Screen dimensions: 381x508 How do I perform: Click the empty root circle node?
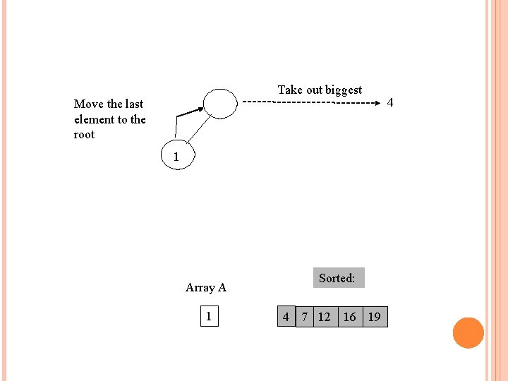[x=220, y=104]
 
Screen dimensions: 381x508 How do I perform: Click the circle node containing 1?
[x=176, y=156]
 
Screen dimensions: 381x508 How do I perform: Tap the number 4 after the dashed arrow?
[x=390, y=103]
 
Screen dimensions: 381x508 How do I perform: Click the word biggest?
[x=344, y=90]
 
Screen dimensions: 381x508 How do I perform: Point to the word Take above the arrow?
[x=290, y=90]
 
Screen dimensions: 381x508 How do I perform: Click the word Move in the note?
[x=89, y=104]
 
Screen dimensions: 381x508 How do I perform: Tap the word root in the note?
[x=84, y=134]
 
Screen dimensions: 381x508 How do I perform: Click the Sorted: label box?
[x=337, y=278]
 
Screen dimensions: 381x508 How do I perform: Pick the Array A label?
[x=206, y=287]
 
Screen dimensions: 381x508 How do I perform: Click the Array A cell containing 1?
[x=208, y=316]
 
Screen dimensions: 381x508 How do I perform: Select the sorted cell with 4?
[x=285, y=317]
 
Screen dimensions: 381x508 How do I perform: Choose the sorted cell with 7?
[x=304, y=317]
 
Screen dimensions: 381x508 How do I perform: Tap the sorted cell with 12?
[x=325, y=317]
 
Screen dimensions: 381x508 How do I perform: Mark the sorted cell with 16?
[x=349, y=317]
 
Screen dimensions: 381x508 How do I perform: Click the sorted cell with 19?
[x=375, y=317]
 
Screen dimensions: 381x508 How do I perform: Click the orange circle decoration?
[x=468, y=333]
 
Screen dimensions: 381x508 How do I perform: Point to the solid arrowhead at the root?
[x=199, y=109]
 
